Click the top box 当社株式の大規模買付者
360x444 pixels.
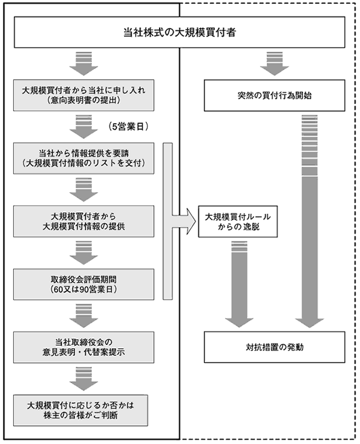click(x=179, y=32)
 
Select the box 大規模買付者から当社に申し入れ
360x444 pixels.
click(x=84, y=95)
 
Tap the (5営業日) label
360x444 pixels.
click(x=129, y=127)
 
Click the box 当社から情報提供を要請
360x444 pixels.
click(x=84, y=159)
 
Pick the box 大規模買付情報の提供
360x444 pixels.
click(x=84, y=221)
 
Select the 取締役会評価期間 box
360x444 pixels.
click(x=84, y=284)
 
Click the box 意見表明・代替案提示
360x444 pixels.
click(x=84, y=347)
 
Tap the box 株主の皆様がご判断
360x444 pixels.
click(x=80, y=410)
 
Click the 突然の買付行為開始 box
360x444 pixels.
click(x=274, y=95)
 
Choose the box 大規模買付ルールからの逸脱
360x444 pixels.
click(x=238, y=221)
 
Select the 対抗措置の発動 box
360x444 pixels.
click(x=274, y=347)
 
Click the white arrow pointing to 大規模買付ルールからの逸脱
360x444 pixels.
click(x=184, y=221)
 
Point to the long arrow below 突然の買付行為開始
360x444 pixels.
click(x=310, y=221)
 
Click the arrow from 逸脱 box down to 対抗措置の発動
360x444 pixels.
click(x=239, y=283)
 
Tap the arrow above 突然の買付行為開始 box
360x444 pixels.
click(x=274, y=63)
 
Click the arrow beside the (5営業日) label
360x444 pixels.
click(x=84, y=127)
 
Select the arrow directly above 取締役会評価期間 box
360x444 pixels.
click(x=84, y=253)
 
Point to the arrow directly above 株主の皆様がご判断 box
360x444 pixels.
click(x=84, y=379)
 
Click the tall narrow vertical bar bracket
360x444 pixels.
click(x=167, y=221)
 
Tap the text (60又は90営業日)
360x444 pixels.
click(x=84, y=289)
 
